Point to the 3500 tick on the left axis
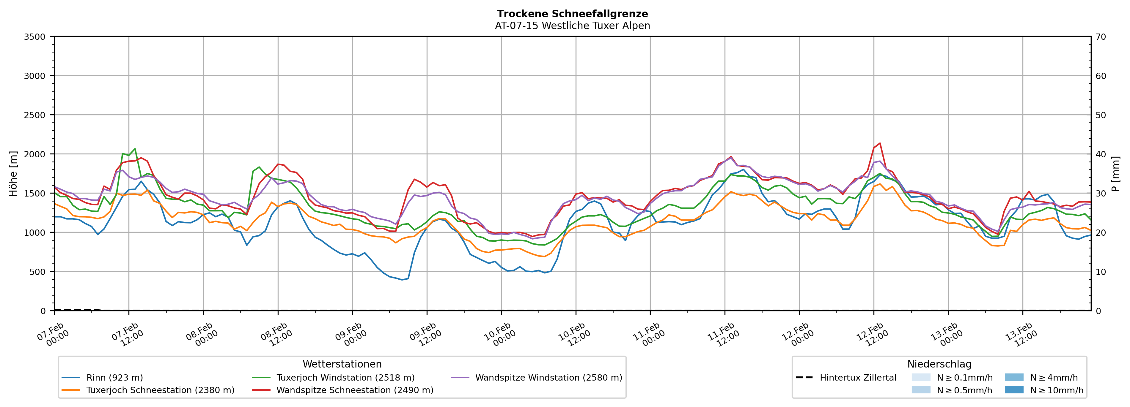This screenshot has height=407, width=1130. (35, 37)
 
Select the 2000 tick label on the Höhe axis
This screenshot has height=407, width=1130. (35, 154)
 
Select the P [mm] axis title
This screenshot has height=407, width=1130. (1115, 173)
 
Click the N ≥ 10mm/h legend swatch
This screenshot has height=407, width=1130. (1014, 390)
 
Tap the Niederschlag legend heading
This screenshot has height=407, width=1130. (939, 364)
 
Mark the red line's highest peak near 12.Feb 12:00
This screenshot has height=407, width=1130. (879, 143)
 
